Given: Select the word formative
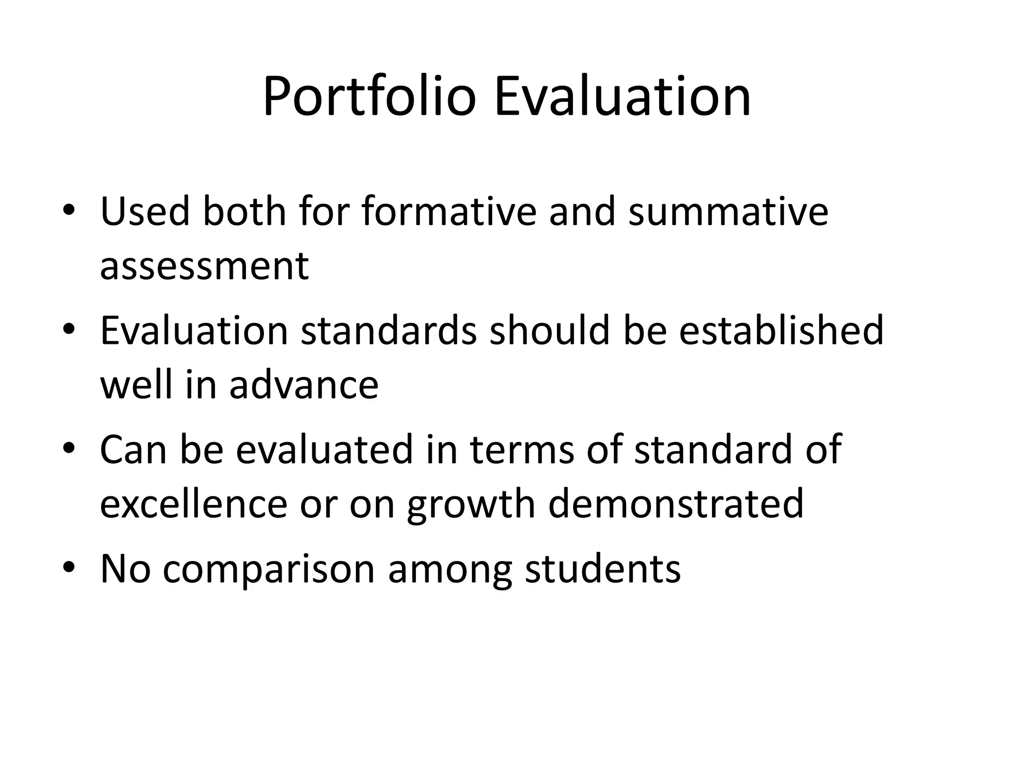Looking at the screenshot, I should click(449, 212).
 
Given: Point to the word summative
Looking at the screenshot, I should click(728, 212).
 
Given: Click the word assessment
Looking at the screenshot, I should click(204, 266).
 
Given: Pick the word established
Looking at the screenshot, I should click(781, 330).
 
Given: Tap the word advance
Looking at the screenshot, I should click(304, 385).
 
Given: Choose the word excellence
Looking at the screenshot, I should click(194, 504).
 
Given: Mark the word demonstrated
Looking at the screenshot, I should click(676, 504).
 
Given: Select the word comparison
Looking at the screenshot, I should click(268, 570).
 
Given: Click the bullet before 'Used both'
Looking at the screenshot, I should click(69, 212).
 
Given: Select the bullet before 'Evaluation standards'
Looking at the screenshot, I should click(69, 330).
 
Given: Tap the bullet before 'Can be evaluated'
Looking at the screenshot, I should click(69, 449).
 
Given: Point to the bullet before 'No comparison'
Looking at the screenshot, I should click(69, 568).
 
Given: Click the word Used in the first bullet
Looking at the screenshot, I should click(145, 212).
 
